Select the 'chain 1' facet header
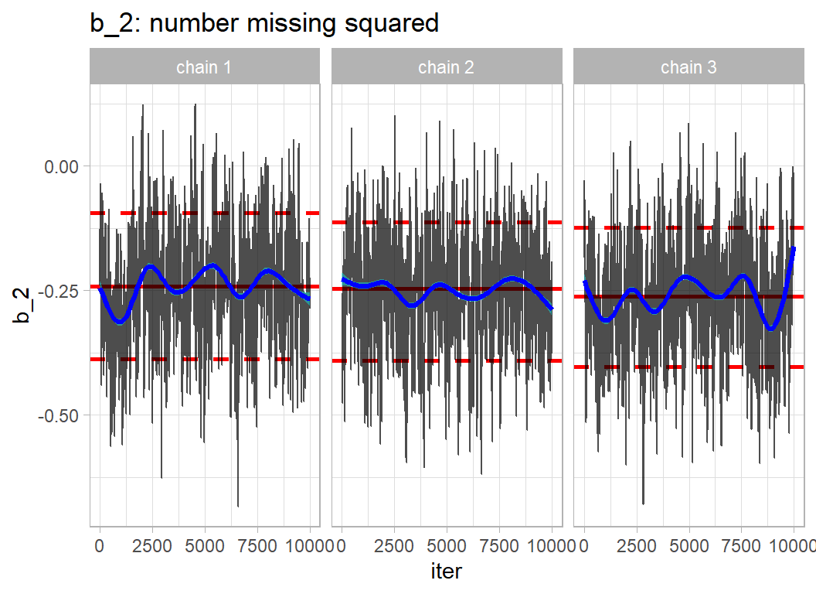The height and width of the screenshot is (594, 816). [x=204, y=67]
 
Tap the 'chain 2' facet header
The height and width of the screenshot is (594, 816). [x=446, y=67]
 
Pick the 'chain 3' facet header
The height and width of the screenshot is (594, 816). [x=688, y=67]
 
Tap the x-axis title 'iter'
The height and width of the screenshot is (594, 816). [x=446, y=572]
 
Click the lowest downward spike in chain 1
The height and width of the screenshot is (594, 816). [x=238, y=505]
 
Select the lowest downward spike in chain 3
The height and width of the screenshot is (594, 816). [x=644, y=503]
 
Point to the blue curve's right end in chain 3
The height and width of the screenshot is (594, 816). [x=794, y=249]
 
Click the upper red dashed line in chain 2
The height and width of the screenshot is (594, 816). [x=446, y=223]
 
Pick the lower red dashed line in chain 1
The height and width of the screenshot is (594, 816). [x=204, y=359]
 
